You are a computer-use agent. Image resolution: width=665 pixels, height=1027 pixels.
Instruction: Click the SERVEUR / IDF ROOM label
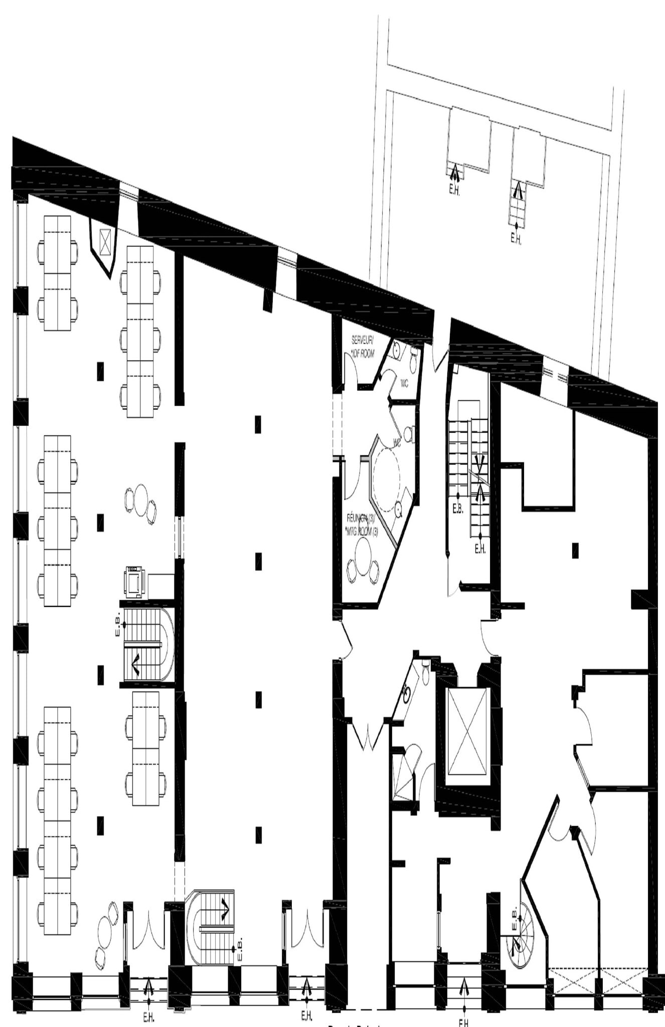click(362, 347)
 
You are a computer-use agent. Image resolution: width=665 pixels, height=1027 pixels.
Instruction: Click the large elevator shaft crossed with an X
click(467, 731)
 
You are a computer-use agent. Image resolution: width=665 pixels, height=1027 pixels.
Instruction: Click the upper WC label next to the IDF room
click(404, 384)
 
